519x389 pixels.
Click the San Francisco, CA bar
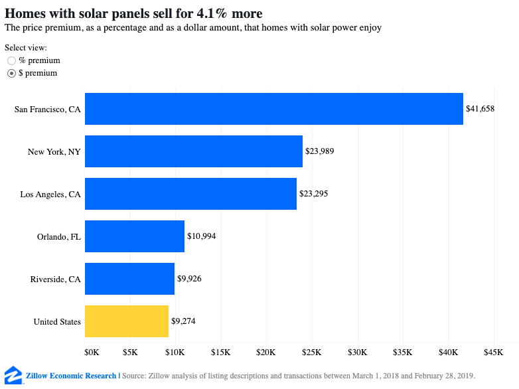tap(273, 109)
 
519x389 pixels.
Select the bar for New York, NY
tap(193, 151)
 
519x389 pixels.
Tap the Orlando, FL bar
tap(134, 236)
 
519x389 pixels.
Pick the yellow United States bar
tap(126, 321)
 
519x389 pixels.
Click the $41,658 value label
tap(480, 109)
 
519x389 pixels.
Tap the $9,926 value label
tap(189, 279)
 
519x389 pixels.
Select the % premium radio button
tap(11, 61)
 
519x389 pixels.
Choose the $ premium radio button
tap(11, 74)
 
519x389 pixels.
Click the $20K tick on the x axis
tap(266, 350)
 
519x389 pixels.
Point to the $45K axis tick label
tap(494, 350)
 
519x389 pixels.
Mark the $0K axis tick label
tap(92, 350)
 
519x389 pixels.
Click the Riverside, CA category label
tap(56, 279)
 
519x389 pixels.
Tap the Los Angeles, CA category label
tap(50, 194)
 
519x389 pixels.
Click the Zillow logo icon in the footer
tap(12, 374)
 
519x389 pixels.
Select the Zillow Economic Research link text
tap(71, 376)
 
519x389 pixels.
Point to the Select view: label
tap(26, 48)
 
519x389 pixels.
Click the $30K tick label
tap(358, 350)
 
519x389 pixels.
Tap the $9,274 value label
tap(183, 321)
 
